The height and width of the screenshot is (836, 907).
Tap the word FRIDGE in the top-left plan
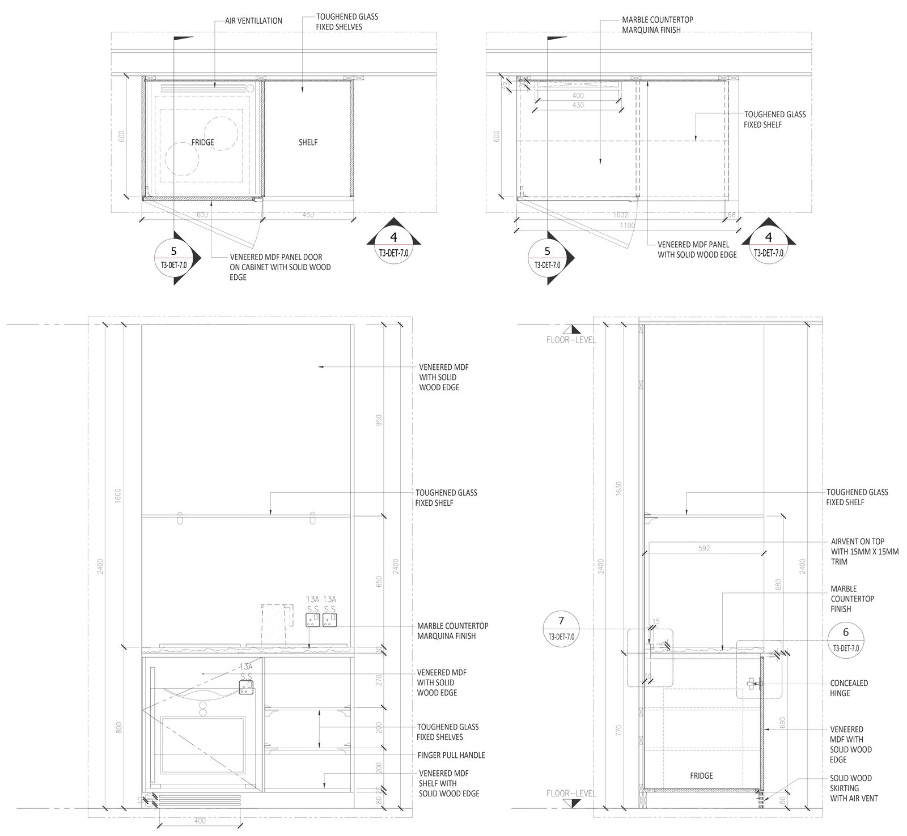pyautogui.click(x=202, y=142)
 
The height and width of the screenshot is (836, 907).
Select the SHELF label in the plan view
pyautogui.click(x=308, y=142)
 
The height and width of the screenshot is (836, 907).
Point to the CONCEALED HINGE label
pyautogui.click(x=849, y=688)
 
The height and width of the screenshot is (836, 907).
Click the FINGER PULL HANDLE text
pyautogui.click(x=451, y=755)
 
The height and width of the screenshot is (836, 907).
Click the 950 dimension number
pyautogui.click(x=380, y=420)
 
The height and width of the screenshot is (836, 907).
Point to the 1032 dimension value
pyautogui.click(x=621, y=215)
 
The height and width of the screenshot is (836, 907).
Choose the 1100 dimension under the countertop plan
pyautogui.click(x=627, y=225)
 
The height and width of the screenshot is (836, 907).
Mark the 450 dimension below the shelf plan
pyautogui.click(x=308, y=215)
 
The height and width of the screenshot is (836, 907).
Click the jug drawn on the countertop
pyautogui.click(x=277, y=624)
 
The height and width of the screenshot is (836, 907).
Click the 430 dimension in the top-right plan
pyautogui.click(x=578, y=105)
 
